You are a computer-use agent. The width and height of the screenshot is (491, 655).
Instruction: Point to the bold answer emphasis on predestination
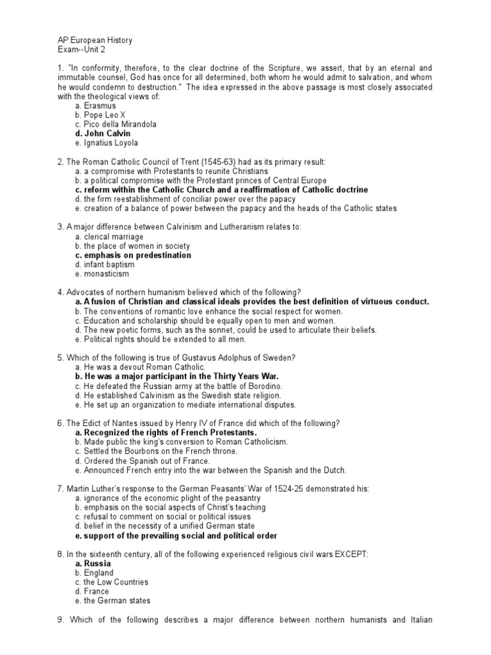[132, 255]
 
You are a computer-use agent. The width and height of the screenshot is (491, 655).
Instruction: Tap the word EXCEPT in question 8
[351, 555]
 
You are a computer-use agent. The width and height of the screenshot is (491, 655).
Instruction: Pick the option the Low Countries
[111, 583]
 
